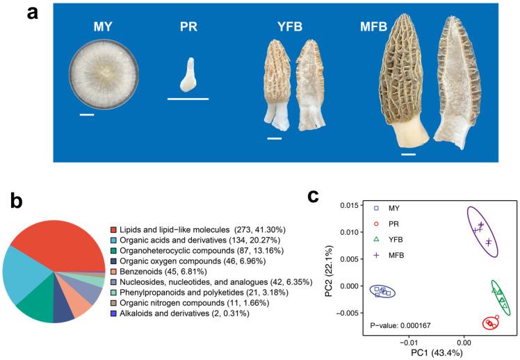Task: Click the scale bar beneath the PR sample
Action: click(x=188, y=99)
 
